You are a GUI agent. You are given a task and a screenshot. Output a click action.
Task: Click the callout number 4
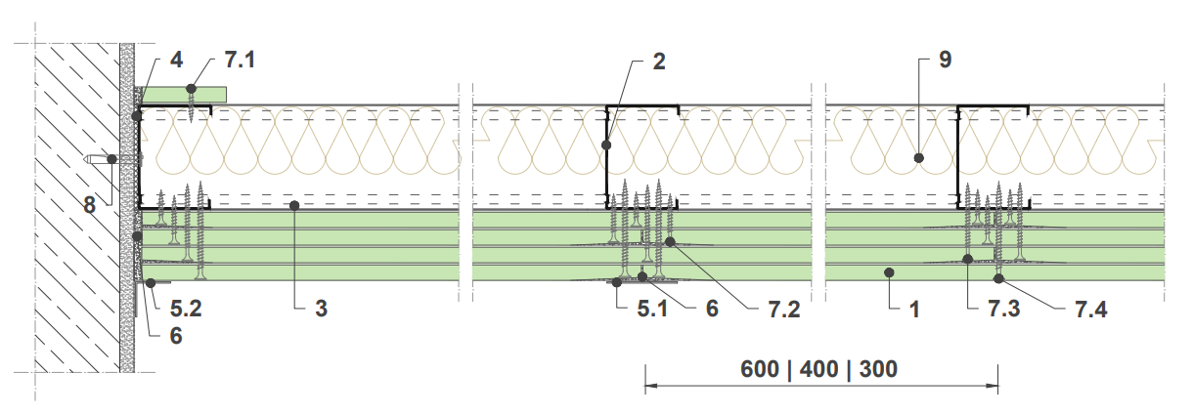pyautogui.click(x=176, y=60)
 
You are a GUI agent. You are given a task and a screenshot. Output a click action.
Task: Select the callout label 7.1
pyautogui.click(x=240, y=60)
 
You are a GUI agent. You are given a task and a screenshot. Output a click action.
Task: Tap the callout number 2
pyautogui.click(x=659, y=62)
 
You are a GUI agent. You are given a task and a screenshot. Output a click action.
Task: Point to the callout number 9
pyautogui.click(x=945, y=60)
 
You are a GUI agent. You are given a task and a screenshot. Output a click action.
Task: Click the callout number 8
pyautogui.click(x=90, y=205)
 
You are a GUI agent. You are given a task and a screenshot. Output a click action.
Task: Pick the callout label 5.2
pyautogui.click(x=186, y=309)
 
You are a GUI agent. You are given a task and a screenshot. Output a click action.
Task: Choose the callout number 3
pyautogui.click(x=321, y=309)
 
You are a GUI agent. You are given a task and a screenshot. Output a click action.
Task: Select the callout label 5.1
pyautogui.click(x=652, y=309)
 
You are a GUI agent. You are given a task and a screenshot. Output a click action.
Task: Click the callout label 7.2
pyautogui.click(x=784, y=310)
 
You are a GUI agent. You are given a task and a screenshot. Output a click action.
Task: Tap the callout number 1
pyautogui.click(x=914, y=310)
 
